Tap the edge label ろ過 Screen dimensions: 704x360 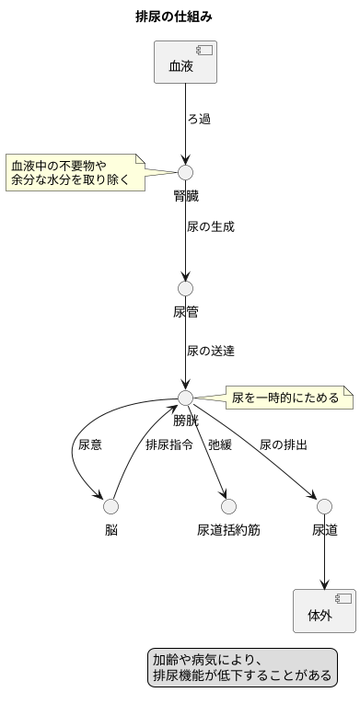pyautogui.click(x=199, y=120)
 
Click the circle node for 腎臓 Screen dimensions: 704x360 pyautogui.click(x=186, y=172)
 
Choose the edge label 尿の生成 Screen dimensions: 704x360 pyautogui.click(x=210, y=226)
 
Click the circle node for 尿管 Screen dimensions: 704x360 pyautogui.click(x=186, y=288)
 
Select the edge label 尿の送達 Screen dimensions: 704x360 pyautogui.click(x=210, y=351)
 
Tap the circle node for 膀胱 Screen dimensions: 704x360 pyautogui.click(x=186, y=398)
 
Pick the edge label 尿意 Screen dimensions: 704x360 pyautogui.click(x=90, y=444)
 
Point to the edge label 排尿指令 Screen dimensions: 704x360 pyautogui.click(x=168, y=444)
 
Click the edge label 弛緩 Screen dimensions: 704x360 pyautogui.click(x=220, y=444)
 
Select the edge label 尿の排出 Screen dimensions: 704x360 pyautogui.click(x=284, y=444)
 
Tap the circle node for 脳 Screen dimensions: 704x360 pyautogui.click(x=111, y=506)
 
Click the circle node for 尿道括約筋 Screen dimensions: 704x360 pyautogui.click(x=229, y=506)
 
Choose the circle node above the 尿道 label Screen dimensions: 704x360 pyautogui.click(x=324, y=506)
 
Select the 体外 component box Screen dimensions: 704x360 pyautogui.click(x=324, y=611)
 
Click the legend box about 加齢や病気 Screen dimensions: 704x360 pyautogui.click(x=241, y=667)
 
